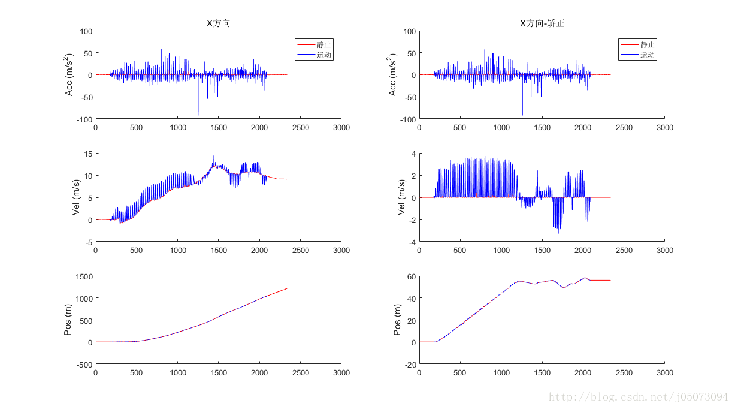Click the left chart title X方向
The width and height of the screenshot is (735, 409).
pyautogui.click(x=218, y=23)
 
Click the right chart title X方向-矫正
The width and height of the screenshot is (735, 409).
pyautogui.click(x=542, y=23)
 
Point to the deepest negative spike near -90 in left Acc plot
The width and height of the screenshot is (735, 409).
pyautogui.click(x=199, y=114)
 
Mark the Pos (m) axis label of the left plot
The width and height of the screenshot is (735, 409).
pyautogui.click(x=69, y=320)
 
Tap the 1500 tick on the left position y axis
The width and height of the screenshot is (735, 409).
pyautogui.click(x=83, y=276)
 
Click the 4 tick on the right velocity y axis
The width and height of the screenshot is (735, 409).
pyautogui.click(x=412, y=154)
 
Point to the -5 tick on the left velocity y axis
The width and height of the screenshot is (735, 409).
pyautogui.click(x=87, y=242)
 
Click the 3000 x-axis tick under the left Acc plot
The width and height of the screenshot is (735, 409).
pyautogui.click(x=341, y=128)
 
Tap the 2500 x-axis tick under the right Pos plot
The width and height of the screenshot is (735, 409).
pyautogui.click(x=624, y=372)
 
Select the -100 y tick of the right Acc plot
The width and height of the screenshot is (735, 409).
pyautogui.click(x=405, y=119)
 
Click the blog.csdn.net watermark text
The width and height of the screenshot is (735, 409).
pyautogui.click(x=639, y=397)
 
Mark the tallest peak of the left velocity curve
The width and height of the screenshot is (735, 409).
pyautogui.click(x=214, y=157)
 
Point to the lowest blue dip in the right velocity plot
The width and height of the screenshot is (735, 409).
pyautogui.click(x=559, y=233)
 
